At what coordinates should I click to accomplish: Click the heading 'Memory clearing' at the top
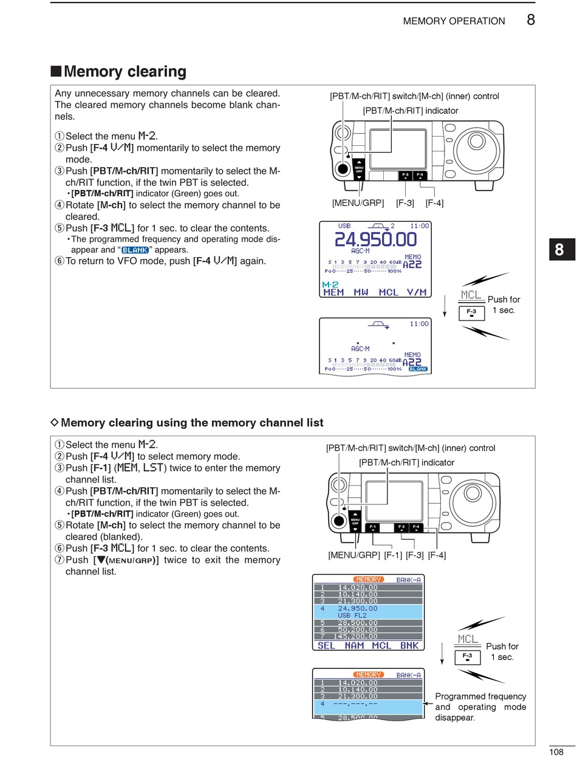tap(125, 72)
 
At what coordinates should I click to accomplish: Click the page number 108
tap(556, 752)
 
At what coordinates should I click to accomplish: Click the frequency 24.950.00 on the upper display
tap(376, 239)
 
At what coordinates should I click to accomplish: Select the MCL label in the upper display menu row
tap(389, 292)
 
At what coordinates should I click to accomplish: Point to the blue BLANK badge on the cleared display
tap(418, 369)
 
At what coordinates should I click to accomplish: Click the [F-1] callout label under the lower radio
tap(393, 555)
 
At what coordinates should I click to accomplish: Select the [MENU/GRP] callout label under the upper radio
tap(358, 203)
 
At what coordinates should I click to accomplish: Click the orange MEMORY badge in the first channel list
tap(368, 580)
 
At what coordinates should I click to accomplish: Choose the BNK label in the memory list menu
tap(409, 645)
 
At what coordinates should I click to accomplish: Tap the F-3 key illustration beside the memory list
tap(467, 657)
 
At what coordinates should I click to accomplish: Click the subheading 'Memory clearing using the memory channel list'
tap(192, 422)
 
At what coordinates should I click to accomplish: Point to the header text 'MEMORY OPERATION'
tap(454, 21)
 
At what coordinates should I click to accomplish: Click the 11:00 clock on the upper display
tap(418, 225)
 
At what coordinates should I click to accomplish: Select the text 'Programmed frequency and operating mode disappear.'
tap(480, 707)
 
